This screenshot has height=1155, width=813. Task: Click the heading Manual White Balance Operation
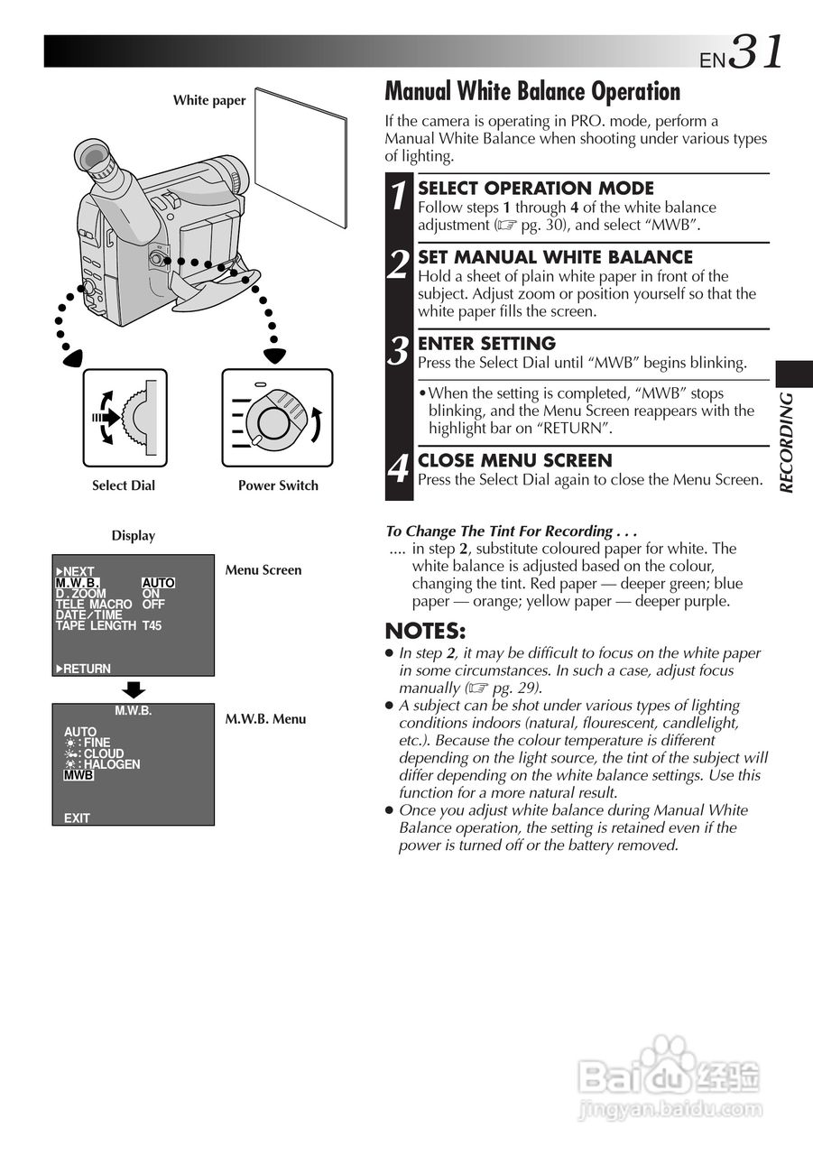click(532, 92)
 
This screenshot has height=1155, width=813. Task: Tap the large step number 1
click(398, 198)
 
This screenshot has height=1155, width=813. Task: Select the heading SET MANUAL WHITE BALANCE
click(555, 257)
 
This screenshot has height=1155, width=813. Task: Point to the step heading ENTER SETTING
click(486, 344)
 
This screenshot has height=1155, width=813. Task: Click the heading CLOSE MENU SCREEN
click(515, 460)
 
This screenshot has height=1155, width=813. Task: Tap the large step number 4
click(398, 470)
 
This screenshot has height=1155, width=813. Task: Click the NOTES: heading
click(425, 631)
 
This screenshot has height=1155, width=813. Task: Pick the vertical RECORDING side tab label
click(787, 442)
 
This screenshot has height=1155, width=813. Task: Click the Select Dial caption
click(124, 485)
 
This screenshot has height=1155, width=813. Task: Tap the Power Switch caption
click(278, 485)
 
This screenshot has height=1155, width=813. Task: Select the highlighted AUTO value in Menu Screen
click(158, 583)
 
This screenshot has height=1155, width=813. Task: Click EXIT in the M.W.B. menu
click(77, 818)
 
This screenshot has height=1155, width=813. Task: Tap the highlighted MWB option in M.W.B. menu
click(79, 775)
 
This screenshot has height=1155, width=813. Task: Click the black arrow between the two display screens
click(133, 689)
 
